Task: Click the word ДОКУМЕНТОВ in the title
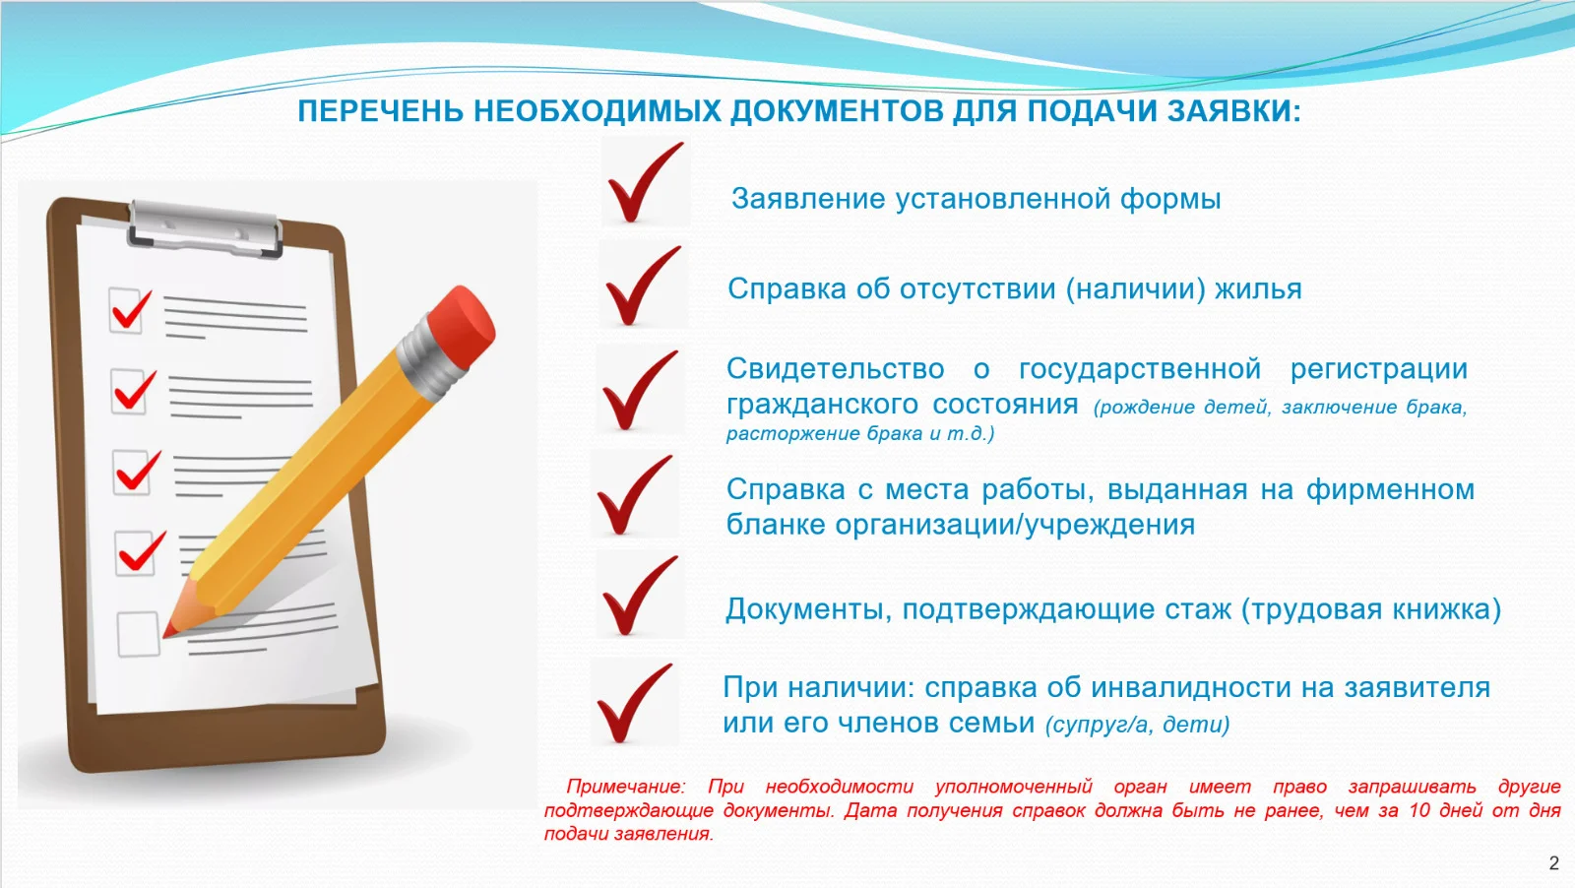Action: pyautogui.click(x=837, y=112)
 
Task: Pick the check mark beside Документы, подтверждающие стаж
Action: pyautogui.click(x=640, y=596)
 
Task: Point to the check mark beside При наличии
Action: pyautogui.click(x=634, y=703)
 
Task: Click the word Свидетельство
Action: pyautogui.click(x=836, y=369)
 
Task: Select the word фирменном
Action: pyautogui.click(x=1390, y=490)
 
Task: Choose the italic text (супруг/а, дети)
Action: pyautogui.click(x=1138, y=725)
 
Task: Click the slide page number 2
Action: pyautogui.click(x=1554, y=863)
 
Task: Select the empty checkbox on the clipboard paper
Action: pyautogui.click(x=138, y=634)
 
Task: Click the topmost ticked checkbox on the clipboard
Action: pyautogui.click(x=129, y=309)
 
